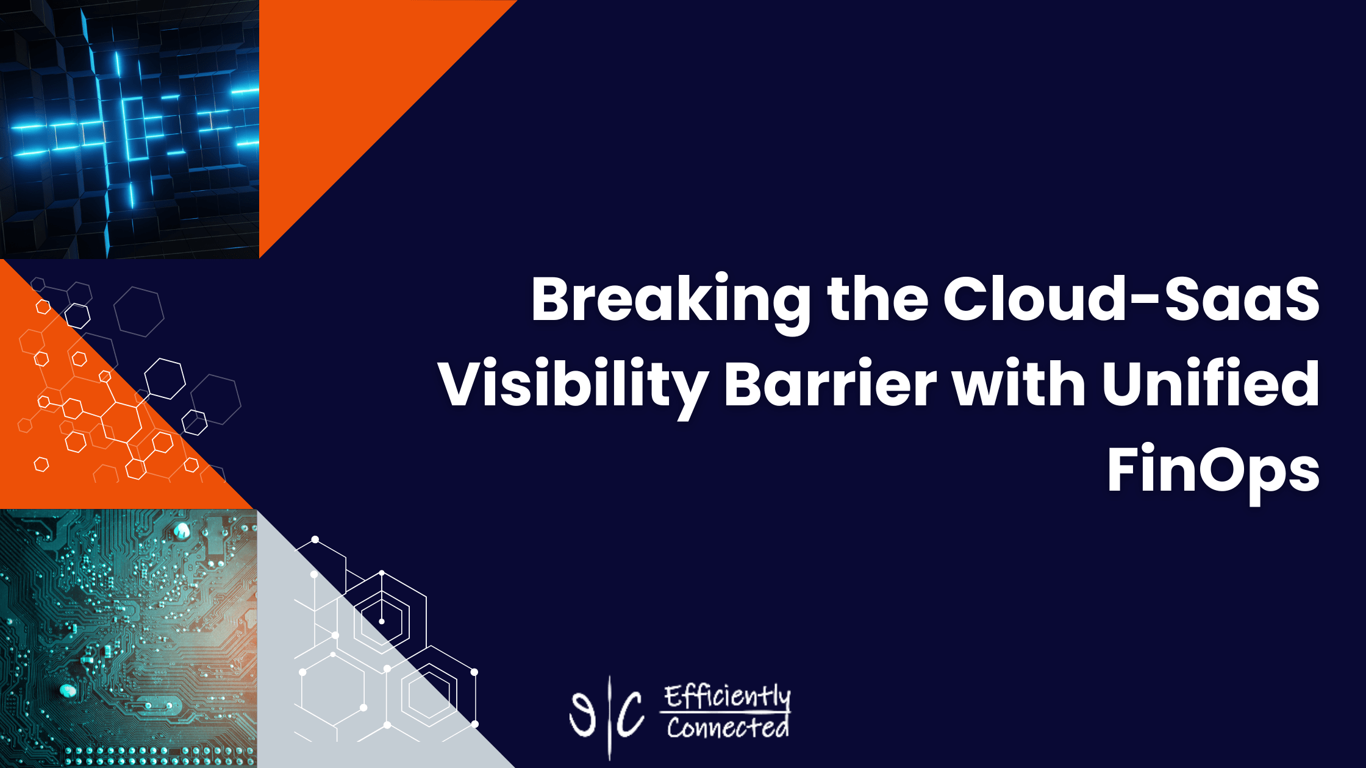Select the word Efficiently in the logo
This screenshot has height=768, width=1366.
[x=728, y=697]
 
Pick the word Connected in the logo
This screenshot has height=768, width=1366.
[x=728, y=727]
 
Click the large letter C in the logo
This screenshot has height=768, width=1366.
[x=630, y=714]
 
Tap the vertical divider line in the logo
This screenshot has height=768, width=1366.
[x=610, y=718]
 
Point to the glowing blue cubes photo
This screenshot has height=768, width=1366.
[x=129, y=129]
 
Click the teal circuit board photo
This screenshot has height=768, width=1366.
[x=128, y=639]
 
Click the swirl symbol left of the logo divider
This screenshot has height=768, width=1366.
[x=582, y=713]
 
